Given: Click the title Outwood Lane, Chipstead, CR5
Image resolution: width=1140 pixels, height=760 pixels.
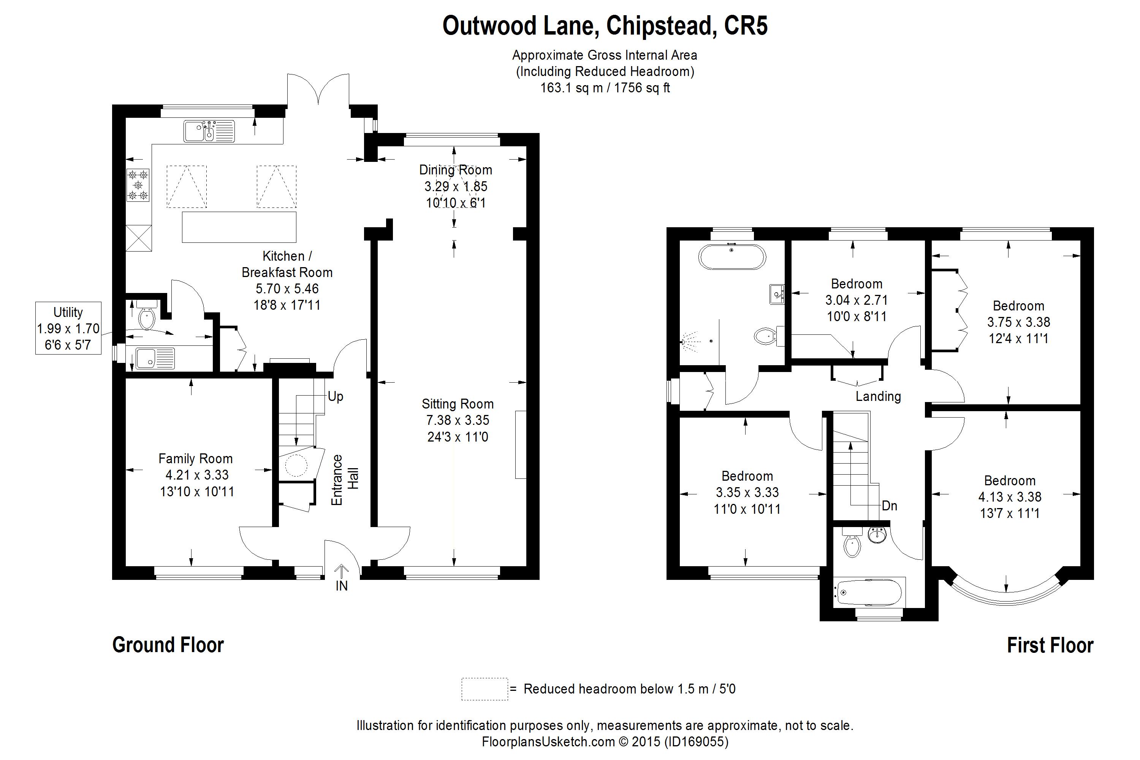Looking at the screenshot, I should pos(605,26).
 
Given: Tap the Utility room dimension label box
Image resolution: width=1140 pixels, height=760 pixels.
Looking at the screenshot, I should pos(68,328).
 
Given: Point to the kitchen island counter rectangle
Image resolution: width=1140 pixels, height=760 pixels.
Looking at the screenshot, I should pos(239,227).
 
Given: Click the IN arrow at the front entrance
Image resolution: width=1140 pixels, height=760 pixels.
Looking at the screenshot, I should pos(342,572).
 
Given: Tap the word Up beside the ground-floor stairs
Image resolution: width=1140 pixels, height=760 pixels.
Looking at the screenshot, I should pos(336,396).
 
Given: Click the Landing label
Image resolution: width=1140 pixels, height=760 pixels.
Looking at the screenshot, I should pos(878,396).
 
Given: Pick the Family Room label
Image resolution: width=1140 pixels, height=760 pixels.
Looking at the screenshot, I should pos(195,459).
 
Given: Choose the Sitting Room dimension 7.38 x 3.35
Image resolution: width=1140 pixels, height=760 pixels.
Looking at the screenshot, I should pos(458,420).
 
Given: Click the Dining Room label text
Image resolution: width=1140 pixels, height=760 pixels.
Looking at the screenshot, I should pos(456,170).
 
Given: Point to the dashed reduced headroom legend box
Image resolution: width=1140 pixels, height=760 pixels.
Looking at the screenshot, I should pos(484,689).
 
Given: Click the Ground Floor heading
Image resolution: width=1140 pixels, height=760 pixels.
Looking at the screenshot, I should pos(168,645).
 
